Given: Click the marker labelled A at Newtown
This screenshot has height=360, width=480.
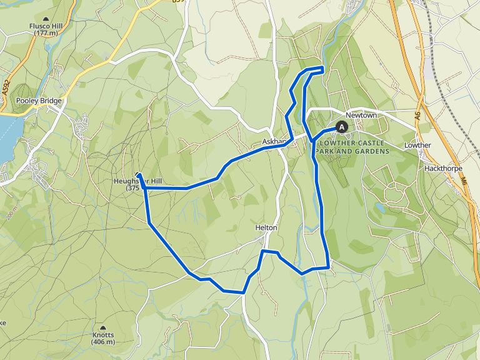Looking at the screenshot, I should pyautogui.click(x=342, y=126).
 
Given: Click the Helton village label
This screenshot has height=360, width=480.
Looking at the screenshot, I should pyautogui.click(x=266, y=227).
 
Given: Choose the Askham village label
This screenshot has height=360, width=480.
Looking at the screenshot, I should pyautogui.click(x=274, y=141).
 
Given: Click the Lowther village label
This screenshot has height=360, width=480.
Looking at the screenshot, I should pyautogui.click(x=417, y=145).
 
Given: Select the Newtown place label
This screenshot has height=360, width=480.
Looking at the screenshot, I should pyautogui.click(x=361, y=116).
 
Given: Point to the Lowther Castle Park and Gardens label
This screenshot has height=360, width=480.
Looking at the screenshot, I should pyautogui.click(x=353, y=147).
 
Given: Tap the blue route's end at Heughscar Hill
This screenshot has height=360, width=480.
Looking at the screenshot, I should pyautogui.click(x=138, y=176).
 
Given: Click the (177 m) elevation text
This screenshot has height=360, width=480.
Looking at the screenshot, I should pyautogui.click(x=47, y=33).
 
